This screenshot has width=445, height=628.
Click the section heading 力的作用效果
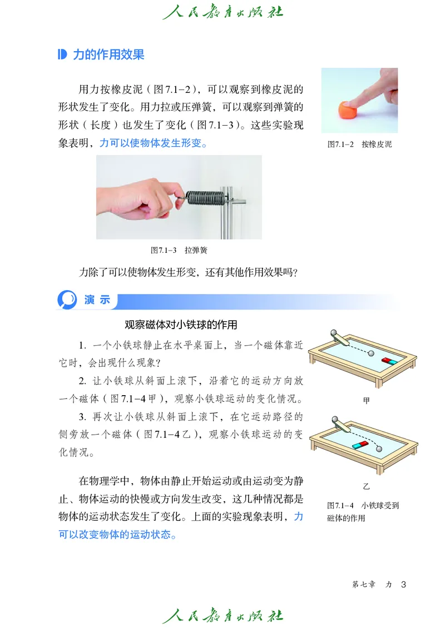point(108,54)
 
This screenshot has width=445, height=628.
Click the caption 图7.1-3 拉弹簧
point(179,251)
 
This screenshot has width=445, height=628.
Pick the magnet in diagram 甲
point(389,361)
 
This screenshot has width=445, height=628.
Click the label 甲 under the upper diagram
point(365,400)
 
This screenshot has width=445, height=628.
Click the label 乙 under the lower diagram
point(366,486)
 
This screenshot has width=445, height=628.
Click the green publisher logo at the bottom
point(222,615)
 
